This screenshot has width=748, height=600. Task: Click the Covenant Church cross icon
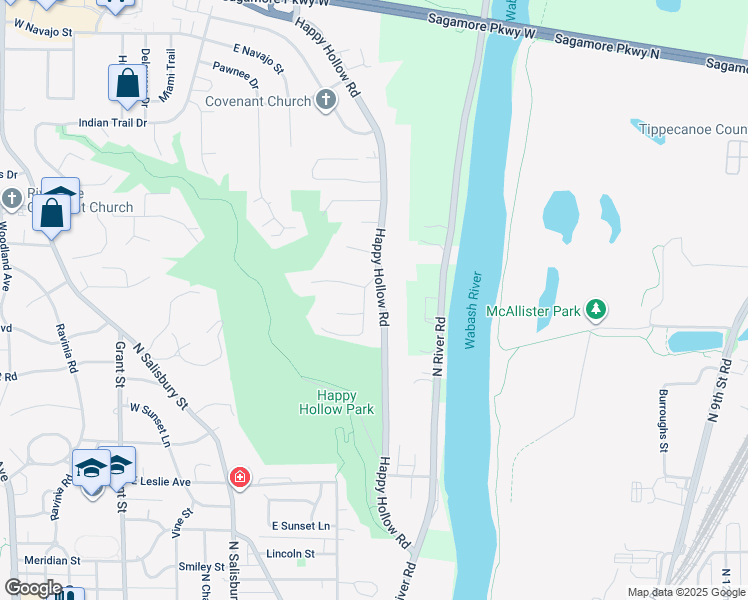[x=325, y=100]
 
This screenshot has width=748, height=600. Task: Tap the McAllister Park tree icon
[x=596, y=310]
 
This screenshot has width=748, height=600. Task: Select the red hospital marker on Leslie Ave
[x=239, y=478]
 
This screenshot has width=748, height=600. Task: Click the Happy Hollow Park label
[x=337, y=402]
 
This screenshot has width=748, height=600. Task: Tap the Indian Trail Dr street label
[x=113, y=123]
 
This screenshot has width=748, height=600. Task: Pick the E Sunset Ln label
[x=300, y=525]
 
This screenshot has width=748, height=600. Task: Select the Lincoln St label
[x=290, y=553]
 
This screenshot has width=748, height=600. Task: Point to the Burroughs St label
[x=662, y=420]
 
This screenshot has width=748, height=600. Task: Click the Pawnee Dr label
[x=235, y=74]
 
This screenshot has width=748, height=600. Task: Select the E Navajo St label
[x=258, y=58]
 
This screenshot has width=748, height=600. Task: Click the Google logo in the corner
[x=32, y=588]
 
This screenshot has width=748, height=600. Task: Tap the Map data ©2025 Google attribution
[x=686, y=592]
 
